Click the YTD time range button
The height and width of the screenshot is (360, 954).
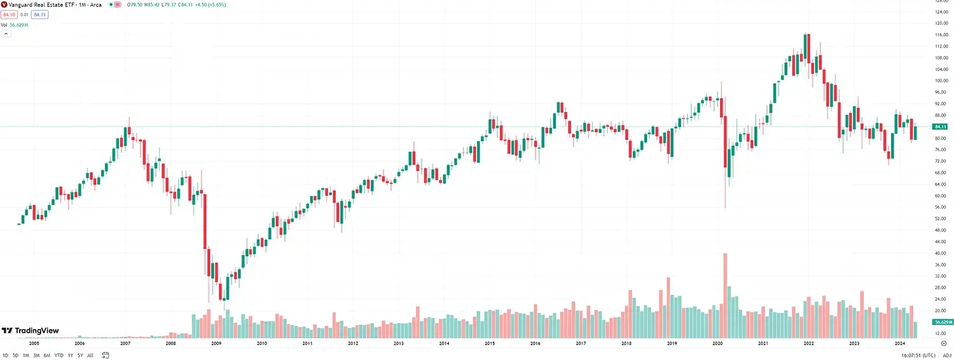[x=59, y=355]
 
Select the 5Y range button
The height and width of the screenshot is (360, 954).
[x=79, y=355]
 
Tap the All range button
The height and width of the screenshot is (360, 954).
[x=90, y=355]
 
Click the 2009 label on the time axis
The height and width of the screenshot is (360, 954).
[x=216, y=343]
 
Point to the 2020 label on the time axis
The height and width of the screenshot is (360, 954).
[x=717, y=343]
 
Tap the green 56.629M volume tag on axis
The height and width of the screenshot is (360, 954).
[x=941, y=322]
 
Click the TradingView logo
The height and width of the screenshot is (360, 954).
[x=30, y=331]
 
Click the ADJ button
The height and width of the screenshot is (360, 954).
[x=947, y=355]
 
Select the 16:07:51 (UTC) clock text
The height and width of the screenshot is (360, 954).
[x=913, y=355]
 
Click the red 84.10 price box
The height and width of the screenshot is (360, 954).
[x=8, y=15]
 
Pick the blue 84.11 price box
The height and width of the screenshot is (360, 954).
[x=39, y=15]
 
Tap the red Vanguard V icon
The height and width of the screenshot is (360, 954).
[x=4, y=4]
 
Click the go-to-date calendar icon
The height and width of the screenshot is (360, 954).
[x=105, y=355]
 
